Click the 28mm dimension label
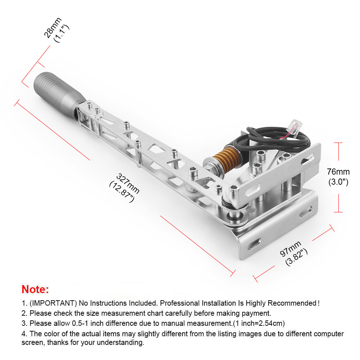(x=53, y=27)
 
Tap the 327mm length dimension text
(x=128, y=184)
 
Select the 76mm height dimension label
(x=338, y=172)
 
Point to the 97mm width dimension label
(x=291, y=249)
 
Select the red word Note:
(x=35, y=289)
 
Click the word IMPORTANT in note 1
(x=53, y=303)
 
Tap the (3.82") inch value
(x=296, y=257)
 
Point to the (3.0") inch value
(x=338, y=182)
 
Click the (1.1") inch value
(x=61, y=33)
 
